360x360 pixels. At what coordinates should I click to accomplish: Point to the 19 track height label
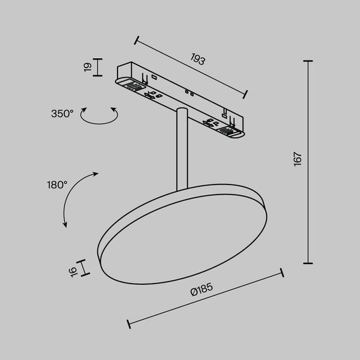point(88,66)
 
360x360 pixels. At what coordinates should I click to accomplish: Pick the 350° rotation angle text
point(63,114)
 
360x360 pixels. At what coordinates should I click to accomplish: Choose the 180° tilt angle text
point(57,185)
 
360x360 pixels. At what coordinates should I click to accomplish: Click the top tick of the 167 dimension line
point(308,61)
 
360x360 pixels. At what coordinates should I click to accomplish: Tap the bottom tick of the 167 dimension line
point(308,263)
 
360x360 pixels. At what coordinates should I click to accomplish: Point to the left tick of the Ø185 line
point(129,323)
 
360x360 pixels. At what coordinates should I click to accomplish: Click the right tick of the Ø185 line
point(282,273)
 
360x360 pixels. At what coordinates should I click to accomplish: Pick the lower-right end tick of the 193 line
point(244,95)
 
